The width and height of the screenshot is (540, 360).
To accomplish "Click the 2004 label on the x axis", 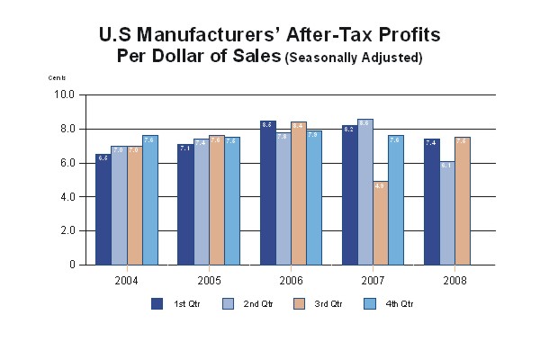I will tap(126, 279).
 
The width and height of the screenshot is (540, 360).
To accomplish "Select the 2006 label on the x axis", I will tap(291, 279).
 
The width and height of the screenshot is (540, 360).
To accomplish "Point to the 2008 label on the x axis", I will tap(454, 279).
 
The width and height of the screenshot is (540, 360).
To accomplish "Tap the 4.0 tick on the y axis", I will tap(67, 197).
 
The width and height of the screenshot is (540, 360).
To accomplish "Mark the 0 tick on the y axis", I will tap(72, 265).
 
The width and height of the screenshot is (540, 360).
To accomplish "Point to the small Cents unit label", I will tap(57, 78).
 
